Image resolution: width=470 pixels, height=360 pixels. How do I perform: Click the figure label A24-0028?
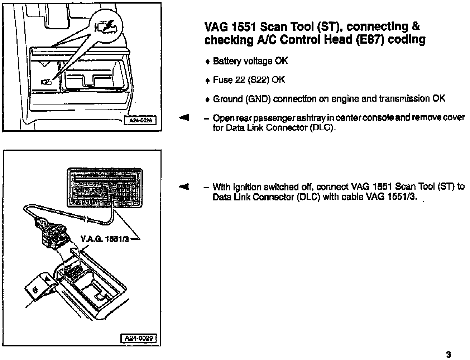[x=141, y=121]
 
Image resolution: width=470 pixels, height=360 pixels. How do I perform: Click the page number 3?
[x=448, y=355]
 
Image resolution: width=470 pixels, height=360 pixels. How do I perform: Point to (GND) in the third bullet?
[x=258, y=99]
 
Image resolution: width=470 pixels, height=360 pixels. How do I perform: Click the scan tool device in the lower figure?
[x=105, y=187]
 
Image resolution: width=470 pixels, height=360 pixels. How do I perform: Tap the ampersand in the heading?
[x=416, y=27]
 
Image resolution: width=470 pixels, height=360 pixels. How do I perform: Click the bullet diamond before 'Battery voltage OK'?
[x=207, y=62]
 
